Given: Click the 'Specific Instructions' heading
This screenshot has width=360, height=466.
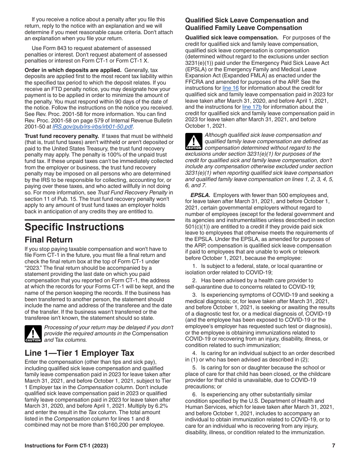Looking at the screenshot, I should point(74,227).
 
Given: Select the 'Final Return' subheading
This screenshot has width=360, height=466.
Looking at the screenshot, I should point(49,240).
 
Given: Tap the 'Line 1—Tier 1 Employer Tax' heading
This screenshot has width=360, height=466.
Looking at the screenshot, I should point(79,353).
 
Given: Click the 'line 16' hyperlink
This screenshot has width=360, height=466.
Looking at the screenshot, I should point(230,88).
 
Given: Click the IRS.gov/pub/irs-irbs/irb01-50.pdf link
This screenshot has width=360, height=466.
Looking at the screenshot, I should point(92,127).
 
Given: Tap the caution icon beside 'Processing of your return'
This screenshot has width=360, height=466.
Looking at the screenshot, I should point(33,334).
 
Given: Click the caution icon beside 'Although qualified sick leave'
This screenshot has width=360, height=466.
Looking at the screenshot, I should point(194,141).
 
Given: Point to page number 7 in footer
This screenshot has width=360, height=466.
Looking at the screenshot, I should point(333,446).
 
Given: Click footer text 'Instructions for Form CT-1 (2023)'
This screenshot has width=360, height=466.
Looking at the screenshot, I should point(66,446).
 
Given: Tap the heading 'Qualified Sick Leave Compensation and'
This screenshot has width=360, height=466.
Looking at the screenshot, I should point(247,20).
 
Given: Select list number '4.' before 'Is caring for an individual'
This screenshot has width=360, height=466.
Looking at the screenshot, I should point(194,353).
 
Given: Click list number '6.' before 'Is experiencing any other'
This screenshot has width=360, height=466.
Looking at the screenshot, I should point(194,394).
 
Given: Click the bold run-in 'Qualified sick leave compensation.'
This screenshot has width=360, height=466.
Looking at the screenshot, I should point(232,38).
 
